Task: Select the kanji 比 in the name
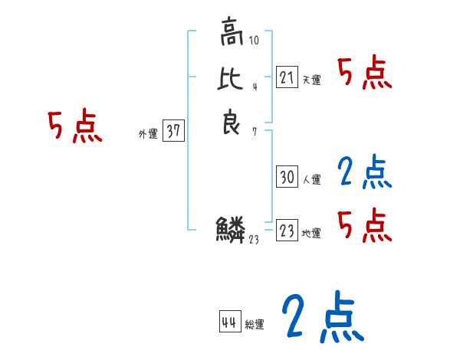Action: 232,80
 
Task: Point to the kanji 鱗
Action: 232,229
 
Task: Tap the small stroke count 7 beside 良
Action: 254,132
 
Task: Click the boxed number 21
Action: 287,77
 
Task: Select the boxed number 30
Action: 287,177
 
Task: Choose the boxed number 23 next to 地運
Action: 287,231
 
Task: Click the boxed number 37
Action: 173,131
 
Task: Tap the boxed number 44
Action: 229,322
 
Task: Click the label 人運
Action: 311,180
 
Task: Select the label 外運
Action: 148,134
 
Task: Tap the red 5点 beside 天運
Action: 365,74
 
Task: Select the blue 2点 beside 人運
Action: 365,173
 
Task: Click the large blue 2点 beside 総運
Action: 321,317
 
